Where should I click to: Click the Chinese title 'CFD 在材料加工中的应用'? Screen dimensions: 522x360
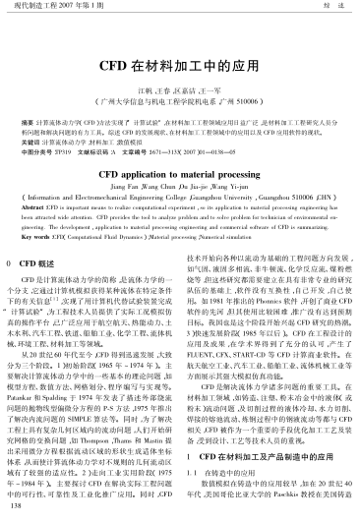pyautogui.click(x=179, y=44)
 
